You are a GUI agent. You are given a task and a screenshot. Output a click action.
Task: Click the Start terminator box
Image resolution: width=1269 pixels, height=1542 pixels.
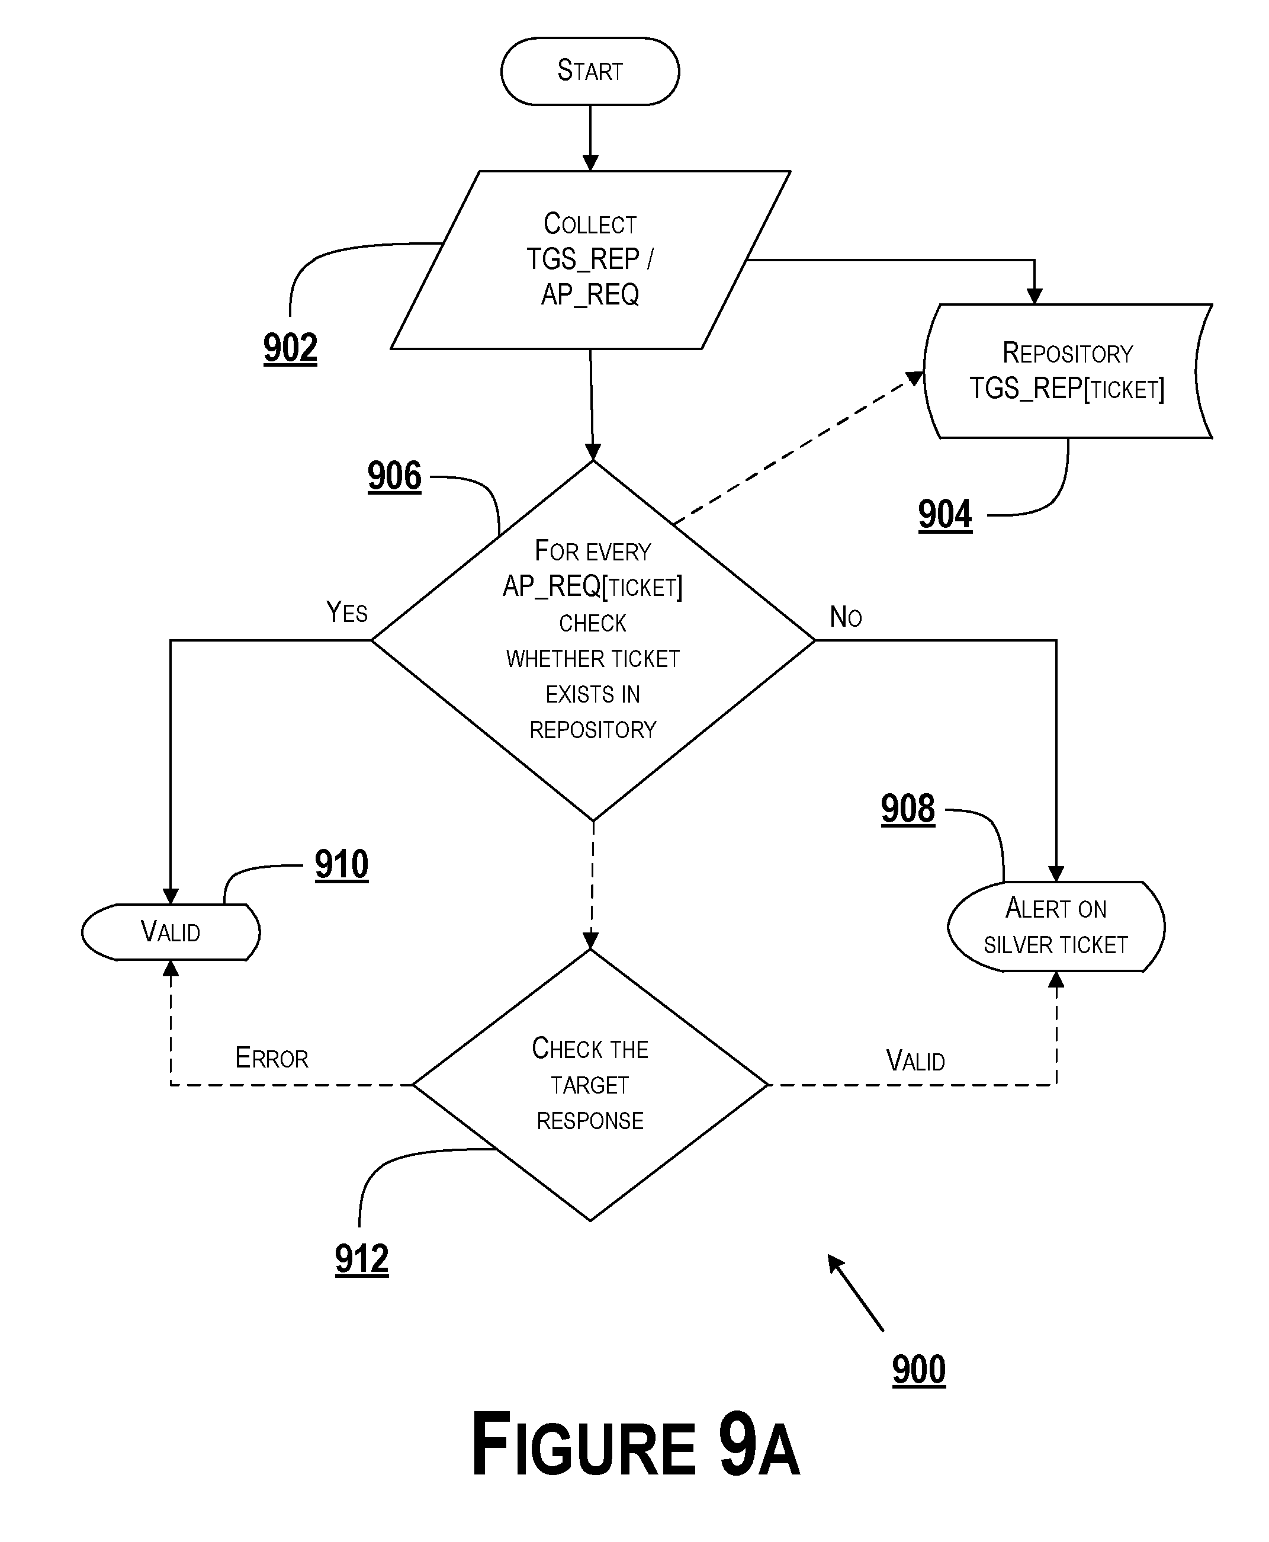(x=590, y=71)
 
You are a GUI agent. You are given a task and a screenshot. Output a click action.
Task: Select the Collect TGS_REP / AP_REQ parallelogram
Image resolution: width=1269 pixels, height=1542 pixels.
(x=590, y=259)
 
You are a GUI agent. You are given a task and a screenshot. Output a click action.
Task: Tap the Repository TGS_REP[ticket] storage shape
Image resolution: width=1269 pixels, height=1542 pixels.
(x=1066, y=371)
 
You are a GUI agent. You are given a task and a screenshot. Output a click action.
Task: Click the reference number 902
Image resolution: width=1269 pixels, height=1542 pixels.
(x=290, y=347)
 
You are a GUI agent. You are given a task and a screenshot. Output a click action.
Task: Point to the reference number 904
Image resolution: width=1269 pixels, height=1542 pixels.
(x=944, y=514)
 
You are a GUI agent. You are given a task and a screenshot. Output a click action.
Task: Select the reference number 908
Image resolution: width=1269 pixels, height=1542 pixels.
(x=907, y=809)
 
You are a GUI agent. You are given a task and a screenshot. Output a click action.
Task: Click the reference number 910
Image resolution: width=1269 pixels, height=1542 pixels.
(x=341, y=864)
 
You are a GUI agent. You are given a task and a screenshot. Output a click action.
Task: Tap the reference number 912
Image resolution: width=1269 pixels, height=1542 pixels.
(x=361, y=1258)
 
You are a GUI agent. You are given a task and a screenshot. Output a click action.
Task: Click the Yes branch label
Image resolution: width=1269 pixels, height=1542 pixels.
(x=346, y=612)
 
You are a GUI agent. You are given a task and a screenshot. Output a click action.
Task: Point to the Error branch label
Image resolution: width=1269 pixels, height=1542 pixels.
(x=271, y=1058)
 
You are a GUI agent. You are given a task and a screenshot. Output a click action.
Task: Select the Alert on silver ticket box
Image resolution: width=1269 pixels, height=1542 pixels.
(x=1056, y=927)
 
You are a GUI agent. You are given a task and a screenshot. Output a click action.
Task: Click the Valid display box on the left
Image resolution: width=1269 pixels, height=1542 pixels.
(x=171, y=932)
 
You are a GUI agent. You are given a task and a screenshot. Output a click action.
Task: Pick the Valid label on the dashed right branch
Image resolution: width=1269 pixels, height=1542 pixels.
(x=915, y=1061)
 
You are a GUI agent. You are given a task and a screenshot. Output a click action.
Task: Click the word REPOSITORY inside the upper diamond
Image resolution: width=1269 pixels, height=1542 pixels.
(x=593, y=730)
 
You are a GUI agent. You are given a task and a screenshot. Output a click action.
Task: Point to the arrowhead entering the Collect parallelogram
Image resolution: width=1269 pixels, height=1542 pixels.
(x=590, y=163)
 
